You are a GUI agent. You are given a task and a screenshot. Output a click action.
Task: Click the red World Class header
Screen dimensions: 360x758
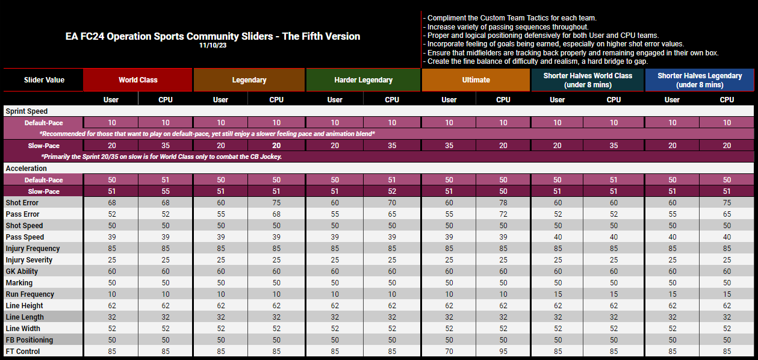coord(138,80)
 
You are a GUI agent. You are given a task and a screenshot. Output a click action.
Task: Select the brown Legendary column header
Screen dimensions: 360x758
coord(249,80)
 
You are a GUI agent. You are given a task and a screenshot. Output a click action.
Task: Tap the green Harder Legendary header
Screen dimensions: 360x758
coord(363,80)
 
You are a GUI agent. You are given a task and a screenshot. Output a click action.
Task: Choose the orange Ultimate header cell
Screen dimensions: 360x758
coord(476,80)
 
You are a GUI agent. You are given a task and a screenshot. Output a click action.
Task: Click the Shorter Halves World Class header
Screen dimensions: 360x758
coord(588,80)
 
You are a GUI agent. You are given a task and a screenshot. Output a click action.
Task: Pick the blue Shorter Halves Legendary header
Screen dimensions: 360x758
coord(700,80)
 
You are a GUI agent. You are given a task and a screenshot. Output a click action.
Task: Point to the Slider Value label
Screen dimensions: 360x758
coord(44,80)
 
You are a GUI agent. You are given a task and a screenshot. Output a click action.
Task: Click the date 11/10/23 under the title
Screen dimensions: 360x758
coord(213,45)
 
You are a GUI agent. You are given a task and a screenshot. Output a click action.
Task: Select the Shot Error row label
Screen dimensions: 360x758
coord(22,203)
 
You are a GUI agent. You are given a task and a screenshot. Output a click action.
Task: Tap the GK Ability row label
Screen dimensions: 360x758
coord(22,272)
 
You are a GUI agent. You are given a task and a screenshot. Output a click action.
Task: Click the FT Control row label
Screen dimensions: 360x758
coord(23,352)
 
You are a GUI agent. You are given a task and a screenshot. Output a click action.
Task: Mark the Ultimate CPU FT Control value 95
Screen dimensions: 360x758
coord(503,352)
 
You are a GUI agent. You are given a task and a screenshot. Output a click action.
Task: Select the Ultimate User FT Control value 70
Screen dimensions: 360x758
coord(449,352)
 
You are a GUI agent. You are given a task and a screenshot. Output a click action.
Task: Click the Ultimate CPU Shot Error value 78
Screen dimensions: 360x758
coord(503,203)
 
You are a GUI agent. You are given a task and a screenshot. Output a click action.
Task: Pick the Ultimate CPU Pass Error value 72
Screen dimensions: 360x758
coord(503,214)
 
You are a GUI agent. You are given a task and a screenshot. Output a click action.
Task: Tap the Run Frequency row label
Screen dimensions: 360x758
coord(30,294)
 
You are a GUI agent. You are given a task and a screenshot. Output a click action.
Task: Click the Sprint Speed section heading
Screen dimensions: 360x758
coord(26,111)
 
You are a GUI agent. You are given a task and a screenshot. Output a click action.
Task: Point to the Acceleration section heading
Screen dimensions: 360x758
coord(26,169)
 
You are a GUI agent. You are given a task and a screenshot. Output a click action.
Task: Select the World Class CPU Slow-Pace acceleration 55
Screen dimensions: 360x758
coord(166,191)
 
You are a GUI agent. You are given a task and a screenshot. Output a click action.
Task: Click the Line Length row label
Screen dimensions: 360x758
coord(25,317)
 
